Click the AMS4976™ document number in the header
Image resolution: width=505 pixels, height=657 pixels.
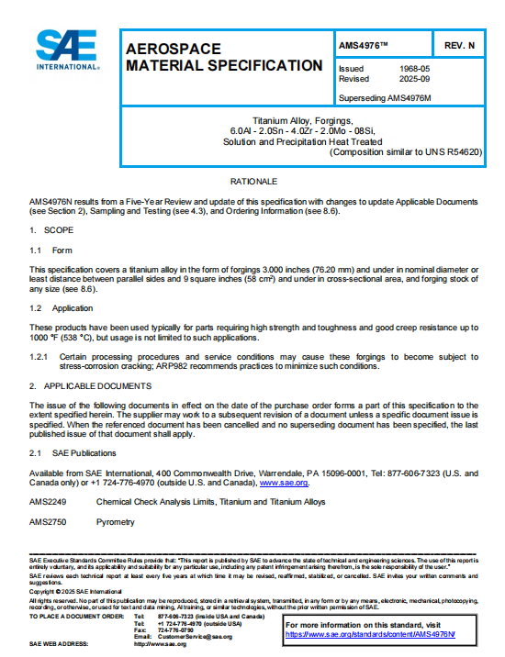[x=365, y=44]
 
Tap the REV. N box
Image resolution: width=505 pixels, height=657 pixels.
[x=458, y=44]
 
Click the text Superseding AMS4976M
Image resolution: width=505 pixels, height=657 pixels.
[x=384, y=97]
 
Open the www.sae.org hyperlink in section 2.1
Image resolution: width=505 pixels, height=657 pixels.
[x=284, y=482]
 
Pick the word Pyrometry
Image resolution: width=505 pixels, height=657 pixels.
[x=115, y=522]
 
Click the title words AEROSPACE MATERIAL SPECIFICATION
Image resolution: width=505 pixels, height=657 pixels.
[x=223, y=57]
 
